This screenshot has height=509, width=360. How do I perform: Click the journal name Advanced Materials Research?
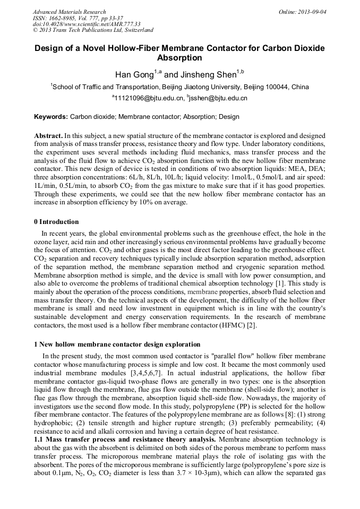[69, 12]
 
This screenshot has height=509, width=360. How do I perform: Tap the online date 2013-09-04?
[312, 12]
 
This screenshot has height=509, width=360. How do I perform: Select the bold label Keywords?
[51, 117]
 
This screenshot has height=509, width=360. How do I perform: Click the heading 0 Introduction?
[56, 222]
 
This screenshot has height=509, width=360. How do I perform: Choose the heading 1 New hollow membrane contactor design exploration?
[117, 344]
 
